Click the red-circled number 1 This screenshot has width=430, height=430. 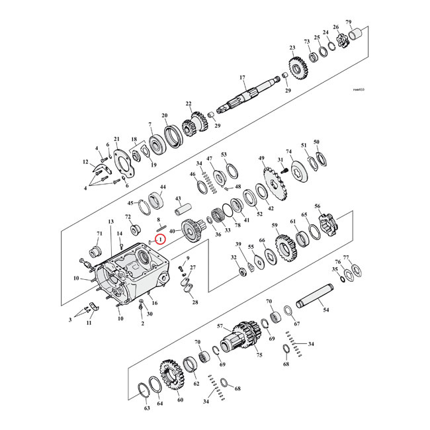click(x=159, y=239)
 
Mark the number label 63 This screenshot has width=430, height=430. click(x=146, y=409)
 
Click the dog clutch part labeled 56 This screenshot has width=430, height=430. click(x=327, y=226)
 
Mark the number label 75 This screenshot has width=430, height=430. click(x=259, y=355)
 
